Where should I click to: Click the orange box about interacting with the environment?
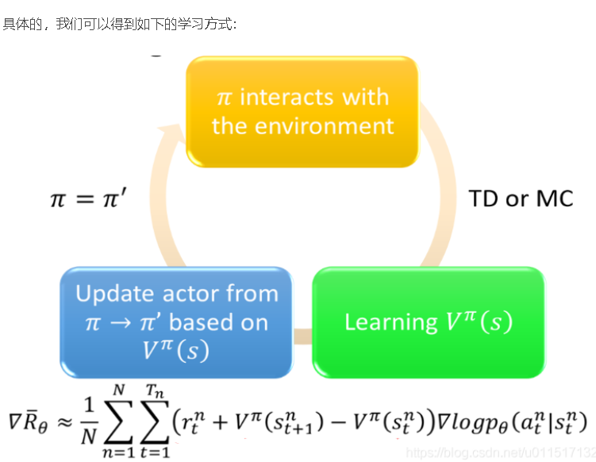(x=302, y=111)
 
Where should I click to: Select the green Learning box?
(x=429, y=321)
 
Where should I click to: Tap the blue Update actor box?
(x=176, y=321)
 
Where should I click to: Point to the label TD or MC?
(x=521, y=198)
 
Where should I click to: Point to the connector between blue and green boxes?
(x=302, y=337)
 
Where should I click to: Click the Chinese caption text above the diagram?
(x=119, y=24)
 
